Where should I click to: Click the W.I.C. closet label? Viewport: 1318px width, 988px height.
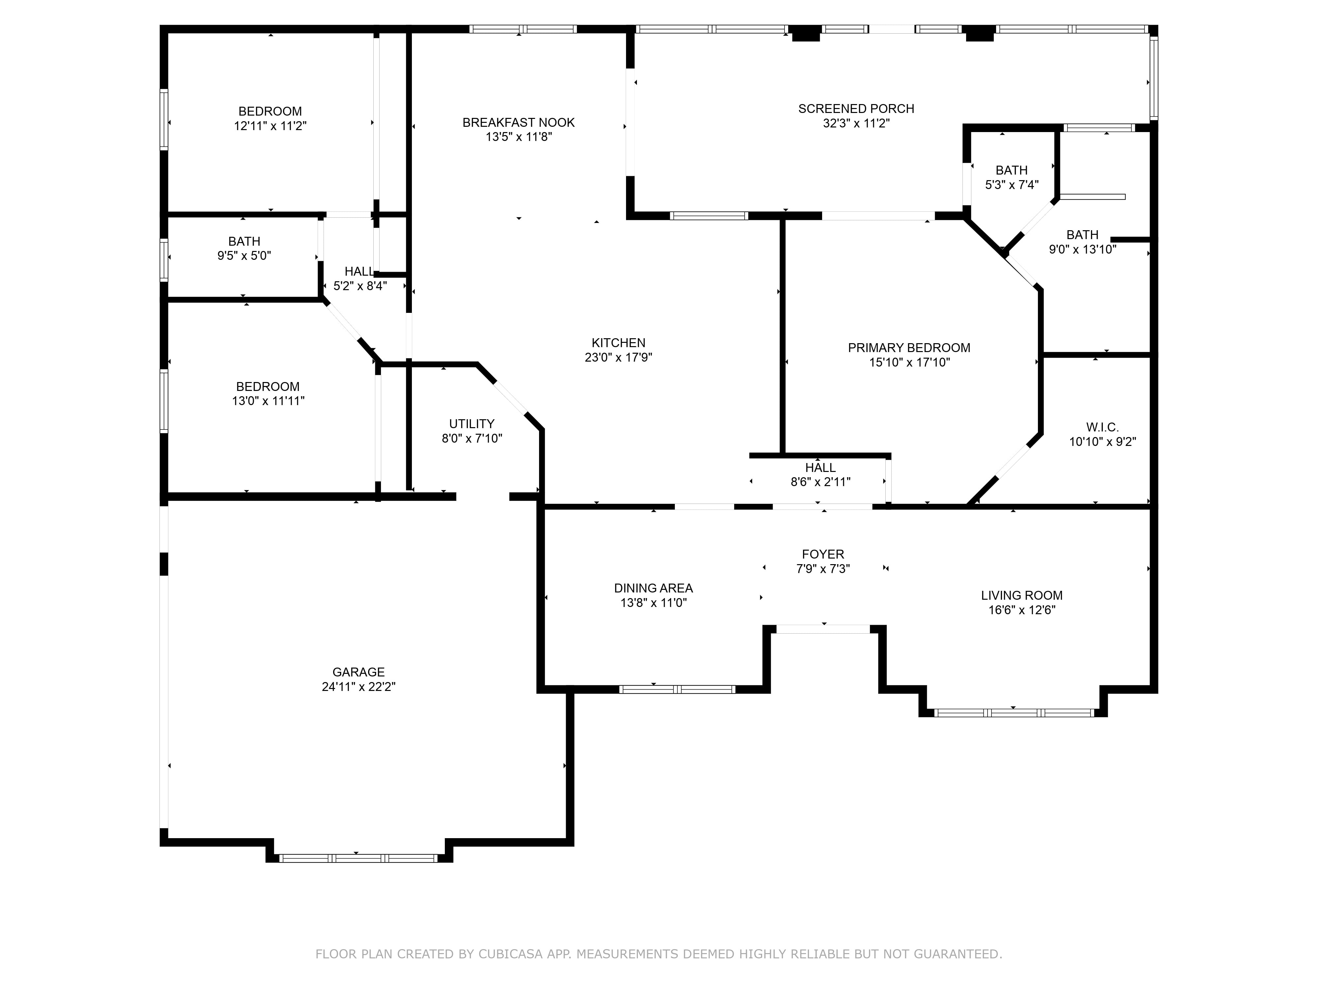click(x=1102, y=427)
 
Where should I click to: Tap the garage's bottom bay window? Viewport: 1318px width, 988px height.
click(x=358, y=858)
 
